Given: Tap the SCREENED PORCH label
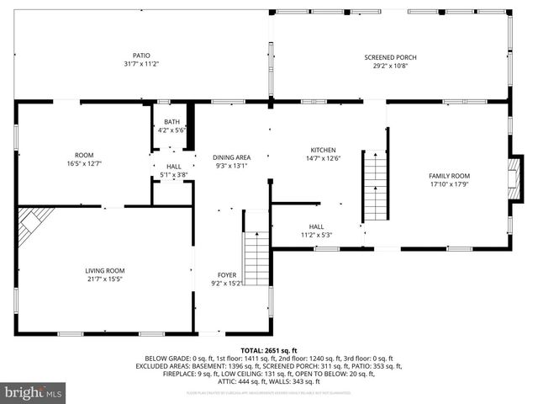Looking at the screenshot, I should (390, 57).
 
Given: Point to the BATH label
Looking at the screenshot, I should (171, 122).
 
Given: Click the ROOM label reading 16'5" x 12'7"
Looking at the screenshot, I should (84, 155).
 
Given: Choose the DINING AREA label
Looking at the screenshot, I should (231, 157).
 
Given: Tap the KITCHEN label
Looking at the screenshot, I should (324, 150).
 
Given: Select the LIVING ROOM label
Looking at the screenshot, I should (105, 270).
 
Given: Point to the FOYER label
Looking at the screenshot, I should (227, 275).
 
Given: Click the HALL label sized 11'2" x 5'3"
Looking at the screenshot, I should (316, 226).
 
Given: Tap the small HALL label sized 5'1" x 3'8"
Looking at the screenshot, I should (173, 167).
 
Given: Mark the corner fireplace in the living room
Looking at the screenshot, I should (34, 222).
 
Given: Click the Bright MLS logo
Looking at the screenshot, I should (33, 392).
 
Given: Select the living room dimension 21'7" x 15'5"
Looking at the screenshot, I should (105, 279).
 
